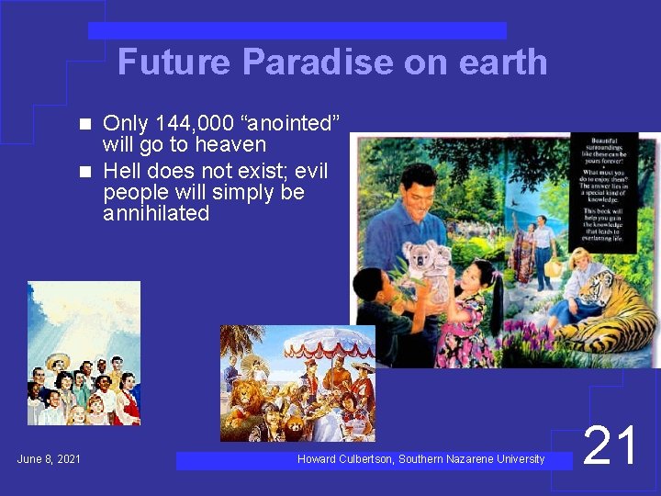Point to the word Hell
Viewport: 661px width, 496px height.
124,170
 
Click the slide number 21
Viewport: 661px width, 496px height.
611,447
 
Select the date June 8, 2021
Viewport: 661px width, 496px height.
49,458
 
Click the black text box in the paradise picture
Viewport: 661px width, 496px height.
603,191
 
